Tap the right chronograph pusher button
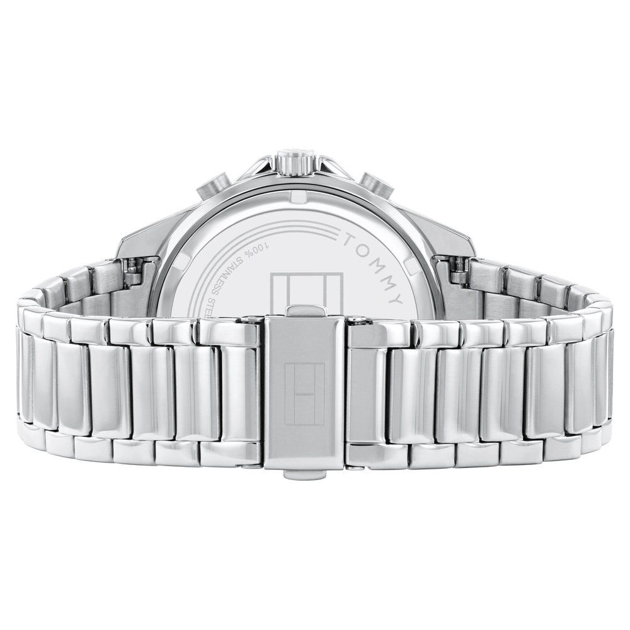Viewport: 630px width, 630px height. point(378,185)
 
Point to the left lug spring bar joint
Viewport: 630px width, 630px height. point(134,272)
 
